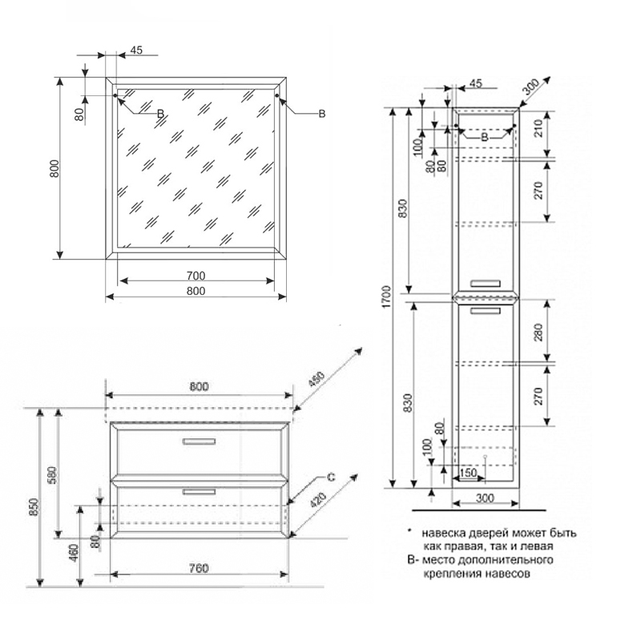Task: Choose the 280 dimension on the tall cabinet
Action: click(x=538, y=331)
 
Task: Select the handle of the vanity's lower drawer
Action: click(x=199, y=490)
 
